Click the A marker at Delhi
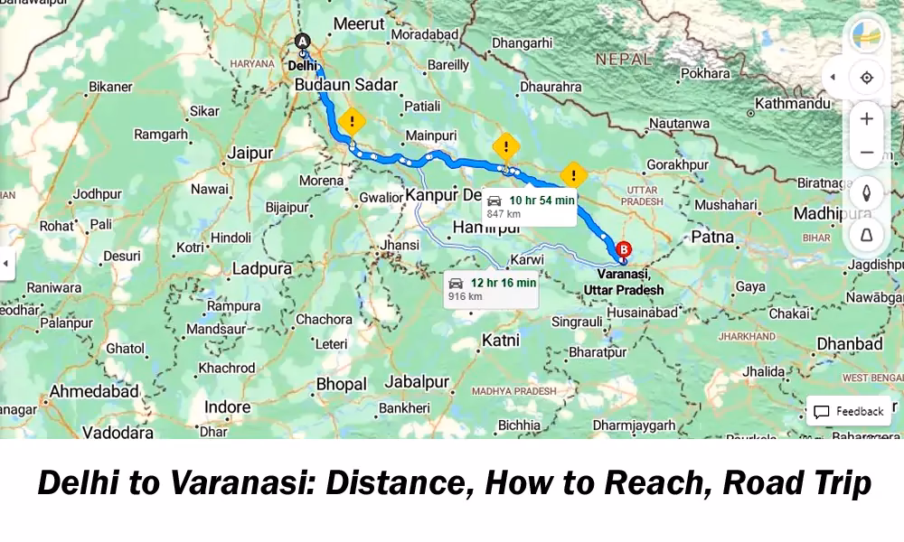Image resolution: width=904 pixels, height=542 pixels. pyautogui.click(x=303, y=41)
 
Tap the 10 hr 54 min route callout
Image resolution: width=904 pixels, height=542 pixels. pyautogui.click(x=530, y=206)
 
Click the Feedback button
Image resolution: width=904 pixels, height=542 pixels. pyautogui.click(x=849, y=411)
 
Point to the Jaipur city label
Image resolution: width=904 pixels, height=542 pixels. pyautogui.click(x=250, y=153)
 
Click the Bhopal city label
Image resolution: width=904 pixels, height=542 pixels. pyautogui.click(x=341, y=384)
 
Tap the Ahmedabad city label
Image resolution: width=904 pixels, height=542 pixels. pyautogui.click(x=94, y=392)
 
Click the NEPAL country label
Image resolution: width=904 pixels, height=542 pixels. pyautogui.click(x=624, y=60)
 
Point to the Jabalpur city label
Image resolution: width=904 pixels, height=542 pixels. pyautogui.click(x=417, y=382)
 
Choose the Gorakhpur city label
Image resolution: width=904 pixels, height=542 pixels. pyautogui.click(x=678, y=164)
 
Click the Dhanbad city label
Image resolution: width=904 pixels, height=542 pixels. pyautogui.click(x=849, y=344)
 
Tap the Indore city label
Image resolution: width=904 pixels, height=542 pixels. pyautogui.click(x=227, y=407)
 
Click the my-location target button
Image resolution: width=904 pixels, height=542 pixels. pyautogui.click(x=866, y=78)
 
